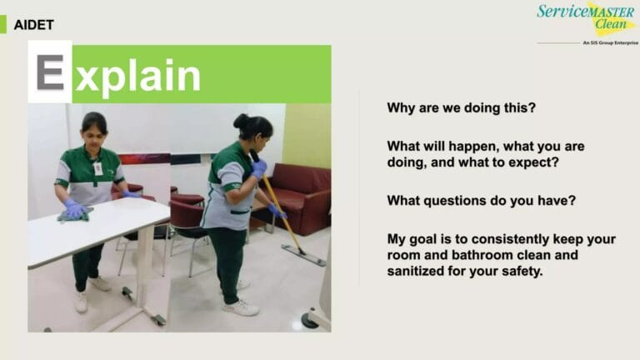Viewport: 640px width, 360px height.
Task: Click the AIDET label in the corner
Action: pyautogui.click(x=33, y=24)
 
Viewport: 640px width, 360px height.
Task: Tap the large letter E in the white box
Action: pyautogui.click(x=50, y=72)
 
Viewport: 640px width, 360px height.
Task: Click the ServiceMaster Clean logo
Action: pyautogui.click(x=586, y=17)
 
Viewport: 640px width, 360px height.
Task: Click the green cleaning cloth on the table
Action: pyautogui.click(x=72, y=216)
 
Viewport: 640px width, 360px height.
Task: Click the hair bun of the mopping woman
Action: pyautogui.click(x=241, y=121)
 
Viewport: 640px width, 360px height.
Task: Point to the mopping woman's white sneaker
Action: pyautogui.click(x=242, y=307)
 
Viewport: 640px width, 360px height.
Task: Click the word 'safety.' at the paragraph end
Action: pyautogui.click(x=519, y=272)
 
